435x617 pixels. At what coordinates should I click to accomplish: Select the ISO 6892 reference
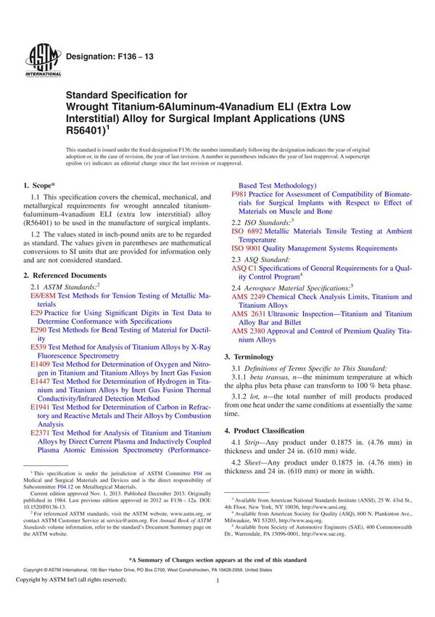246,230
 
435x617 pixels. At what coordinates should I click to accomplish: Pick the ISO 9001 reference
246,248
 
